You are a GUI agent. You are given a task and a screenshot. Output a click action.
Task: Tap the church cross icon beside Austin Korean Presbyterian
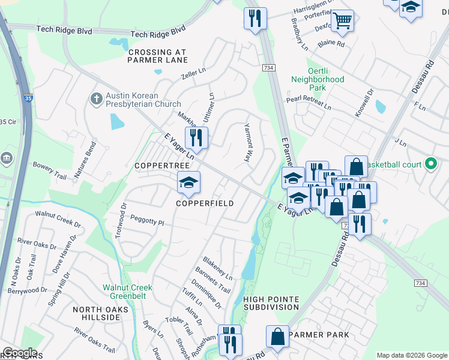[x=96, y=98]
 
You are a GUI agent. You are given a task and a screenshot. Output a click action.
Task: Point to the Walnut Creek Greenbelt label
[x=127, y=292]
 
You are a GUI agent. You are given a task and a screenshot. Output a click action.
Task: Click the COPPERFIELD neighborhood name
[x=204, y=203]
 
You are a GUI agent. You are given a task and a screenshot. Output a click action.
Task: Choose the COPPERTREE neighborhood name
[x=158, y=165]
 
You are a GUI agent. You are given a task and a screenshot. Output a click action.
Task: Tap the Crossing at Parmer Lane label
[x=158, y=56]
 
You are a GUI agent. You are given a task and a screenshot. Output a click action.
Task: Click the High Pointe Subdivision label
[x=271, y=303]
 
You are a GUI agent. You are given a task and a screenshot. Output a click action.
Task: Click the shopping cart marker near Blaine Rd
[x=342, y=21]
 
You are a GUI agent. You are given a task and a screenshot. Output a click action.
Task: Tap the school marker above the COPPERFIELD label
[x=188, y=182]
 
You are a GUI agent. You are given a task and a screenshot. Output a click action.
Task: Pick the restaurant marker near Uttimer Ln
[x=196, y=137]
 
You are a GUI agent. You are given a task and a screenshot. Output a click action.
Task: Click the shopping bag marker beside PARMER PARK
[x=278, y=337]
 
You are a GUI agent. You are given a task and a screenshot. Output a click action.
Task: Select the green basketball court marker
[x=430, y=163]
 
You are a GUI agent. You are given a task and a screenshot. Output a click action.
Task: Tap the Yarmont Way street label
[x=247, y=143]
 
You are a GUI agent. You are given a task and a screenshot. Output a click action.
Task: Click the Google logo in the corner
[x=20, y=353]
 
